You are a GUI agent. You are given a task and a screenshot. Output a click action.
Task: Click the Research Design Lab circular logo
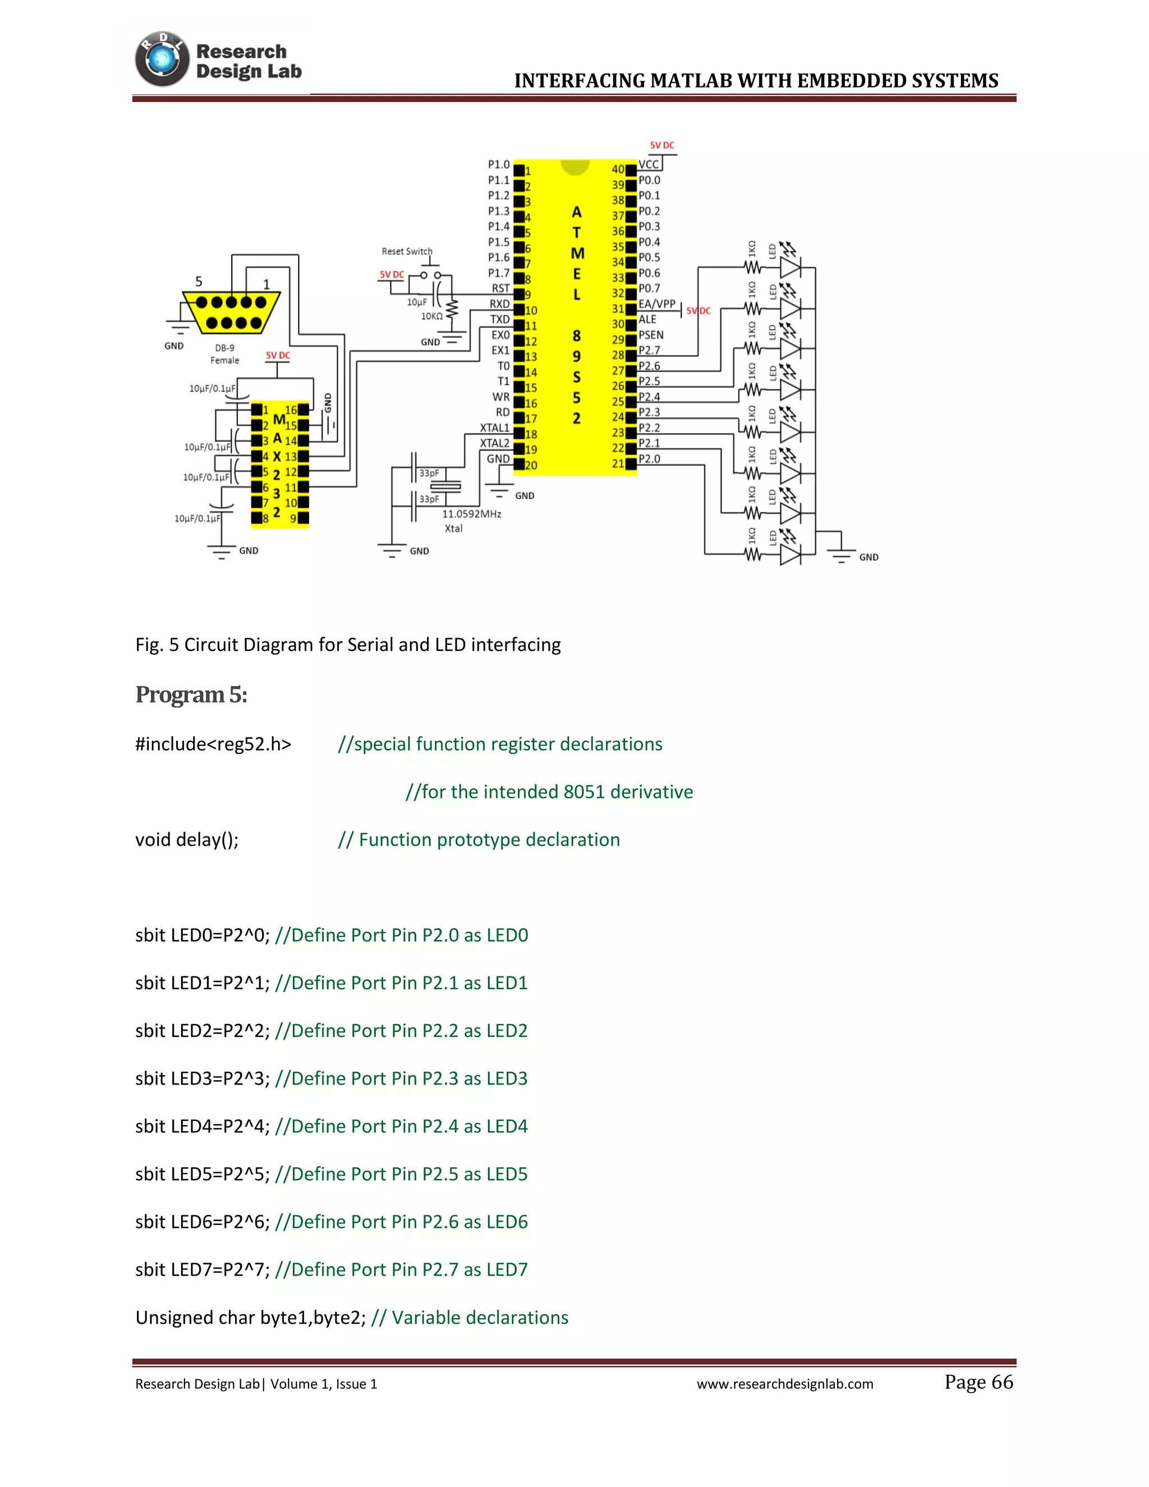click(x=162, y=59)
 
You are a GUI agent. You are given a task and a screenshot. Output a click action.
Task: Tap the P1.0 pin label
click(x=498, y=165)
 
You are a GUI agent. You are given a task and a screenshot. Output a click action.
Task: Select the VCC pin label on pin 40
click(x=648, y=165)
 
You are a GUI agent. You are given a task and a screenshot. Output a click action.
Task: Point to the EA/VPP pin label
click(x=656, y=304)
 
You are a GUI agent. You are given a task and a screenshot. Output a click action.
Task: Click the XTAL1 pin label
click(x=494, y=428)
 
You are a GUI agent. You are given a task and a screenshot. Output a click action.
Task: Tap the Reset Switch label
click(x=406, y=251)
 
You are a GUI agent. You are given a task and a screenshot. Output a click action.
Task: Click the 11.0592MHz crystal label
click(x=471, y=514)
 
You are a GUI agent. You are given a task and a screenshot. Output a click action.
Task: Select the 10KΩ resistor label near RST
click(x=431, y=316)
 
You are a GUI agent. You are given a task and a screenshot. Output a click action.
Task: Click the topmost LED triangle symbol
click(x=789, y=268)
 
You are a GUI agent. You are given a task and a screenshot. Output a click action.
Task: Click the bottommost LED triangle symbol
click(x=789, y=555)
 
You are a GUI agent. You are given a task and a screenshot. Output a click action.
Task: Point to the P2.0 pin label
click(x=649, y=459)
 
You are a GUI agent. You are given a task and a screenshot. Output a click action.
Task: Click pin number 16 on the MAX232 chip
click(x=291, y=410)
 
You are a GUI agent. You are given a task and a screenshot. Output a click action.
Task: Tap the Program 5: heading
click(x=191, y=695)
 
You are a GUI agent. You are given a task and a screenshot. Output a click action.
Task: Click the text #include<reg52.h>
click(x=213, y=744)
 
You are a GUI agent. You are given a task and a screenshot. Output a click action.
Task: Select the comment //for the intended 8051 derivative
click(x=549, y=792)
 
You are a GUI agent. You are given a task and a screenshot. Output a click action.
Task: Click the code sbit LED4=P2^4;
click(x=202, y=1126)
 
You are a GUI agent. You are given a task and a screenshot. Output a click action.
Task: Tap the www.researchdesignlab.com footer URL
click(x=784, y=1384)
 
